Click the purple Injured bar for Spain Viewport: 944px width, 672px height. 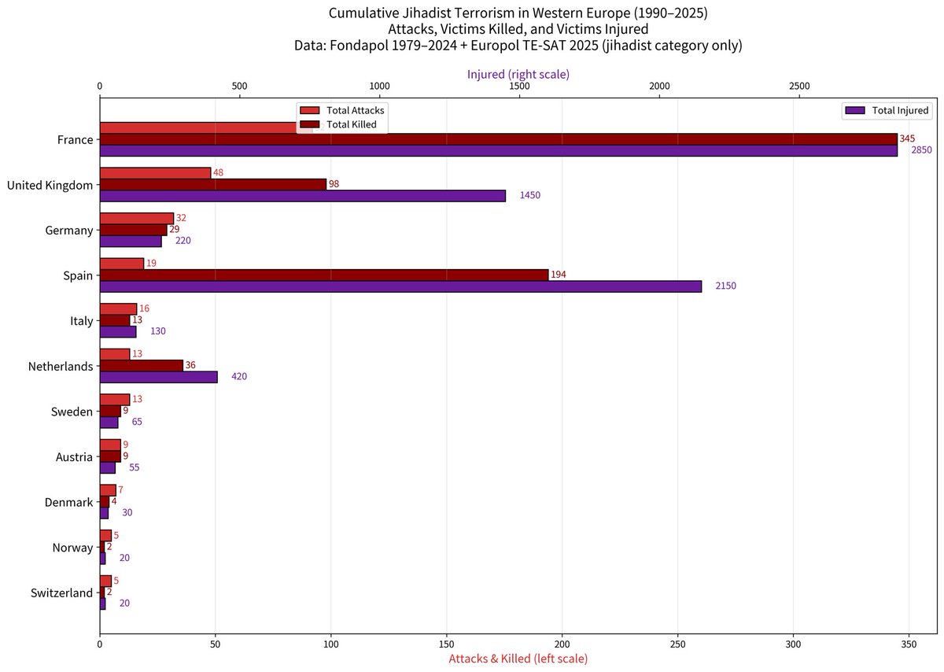(400, 287)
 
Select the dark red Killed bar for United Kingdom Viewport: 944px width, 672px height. (212, 184)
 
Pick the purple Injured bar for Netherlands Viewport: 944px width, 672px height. (158, 377)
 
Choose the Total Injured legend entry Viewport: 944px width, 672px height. (887, 111)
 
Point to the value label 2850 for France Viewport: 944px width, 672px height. (921, 150)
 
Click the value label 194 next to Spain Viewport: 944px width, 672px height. (559, 275)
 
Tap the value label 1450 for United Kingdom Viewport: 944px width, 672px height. (529, 195)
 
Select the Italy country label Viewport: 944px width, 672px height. (81, 321)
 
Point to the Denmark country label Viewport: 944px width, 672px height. (68, 502)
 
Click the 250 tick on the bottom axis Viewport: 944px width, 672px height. (678, 643)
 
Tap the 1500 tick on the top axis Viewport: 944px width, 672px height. (519, 87)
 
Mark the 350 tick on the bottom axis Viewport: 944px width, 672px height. (909, 643)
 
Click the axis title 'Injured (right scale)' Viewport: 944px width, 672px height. (518, 74)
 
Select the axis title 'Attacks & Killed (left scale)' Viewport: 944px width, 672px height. (518, 658)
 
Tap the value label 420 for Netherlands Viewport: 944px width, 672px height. (239, 377)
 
